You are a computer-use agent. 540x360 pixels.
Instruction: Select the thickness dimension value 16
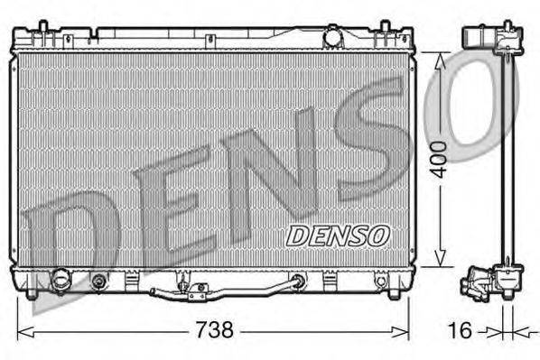(x=459, y=331)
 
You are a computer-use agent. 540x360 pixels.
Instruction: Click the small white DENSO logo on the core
(x=337, y=235)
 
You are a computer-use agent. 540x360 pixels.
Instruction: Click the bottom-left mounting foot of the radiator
(x=33, y=292)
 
